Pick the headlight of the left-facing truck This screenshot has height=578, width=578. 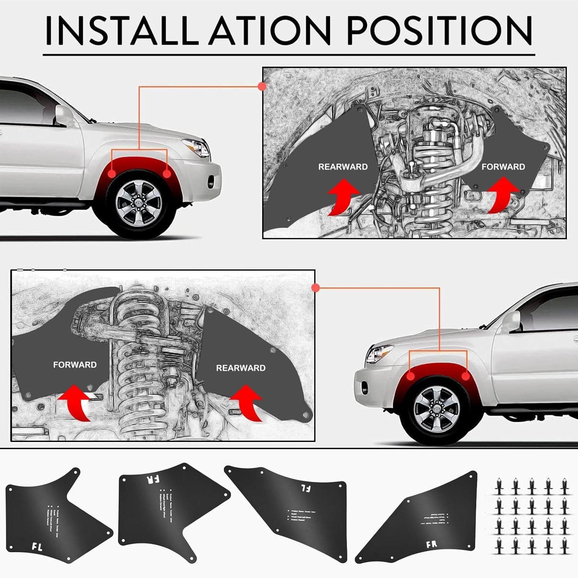pyautogui.click(x=379, y=353)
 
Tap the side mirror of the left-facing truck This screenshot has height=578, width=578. pyautogui.click(x=511, y=321)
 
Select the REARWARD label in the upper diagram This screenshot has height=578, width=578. pyautogui.click(x=343, y=167)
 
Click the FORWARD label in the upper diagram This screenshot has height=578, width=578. pyautogui.click(x=503, y=167)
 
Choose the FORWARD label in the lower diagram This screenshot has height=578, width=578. pyautogui.click(x=75, y=365)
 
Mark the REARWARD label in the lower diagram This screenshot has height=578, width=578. pyautogui.click(x=240, y=368)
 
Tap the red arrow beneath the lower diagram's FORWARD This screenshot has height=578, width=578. pyautogui.click(x=75, y=403)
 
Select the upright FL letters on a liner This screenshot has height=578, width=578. pyautogui.click(x=37, y=546)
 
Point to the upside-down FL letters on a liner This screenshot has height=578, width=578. pyautogui.click(x=306, y=488)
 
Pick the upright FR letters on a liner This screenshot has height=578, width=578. pyautogui.click(x=432, y=544)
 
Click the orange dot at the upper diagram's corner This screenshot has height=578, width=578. pyautogui.click(x=262, y=86)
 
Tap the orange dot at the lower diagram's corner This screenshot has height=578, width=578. pyautogui.click(x=316, y=287)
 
